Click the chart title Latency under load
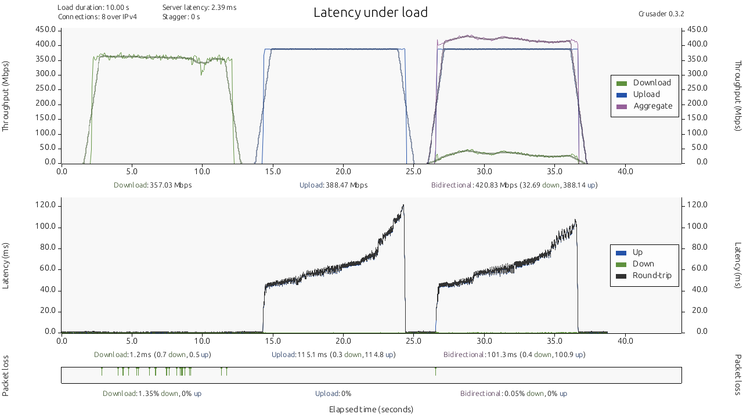[370, 12]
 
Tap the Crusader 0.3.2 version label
[657, 14]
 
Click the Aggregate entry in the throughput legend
[652, 106]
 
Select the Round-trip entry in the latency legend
[651, 275]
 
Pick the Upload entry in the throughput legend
[646, 95]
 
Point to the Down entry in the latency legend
[643, 264]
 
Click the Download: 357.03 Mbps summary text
[153, 185]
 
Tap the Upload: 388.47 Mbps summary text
[333, 185]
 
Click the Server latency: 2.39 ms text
[199, 8]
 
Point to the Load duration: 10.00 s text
[93, 8]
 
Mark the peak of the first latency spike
[403, 205]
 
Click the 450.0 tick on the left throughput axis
[46, 30]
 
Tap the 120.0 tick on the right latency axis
[697, 205]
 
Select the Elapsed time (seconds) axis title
[371, 409]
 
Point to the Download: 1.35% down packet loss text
[152, 394]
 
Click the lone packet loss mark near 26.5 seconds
[435, 372]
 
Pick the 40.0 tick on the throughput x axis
[625, 171]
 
